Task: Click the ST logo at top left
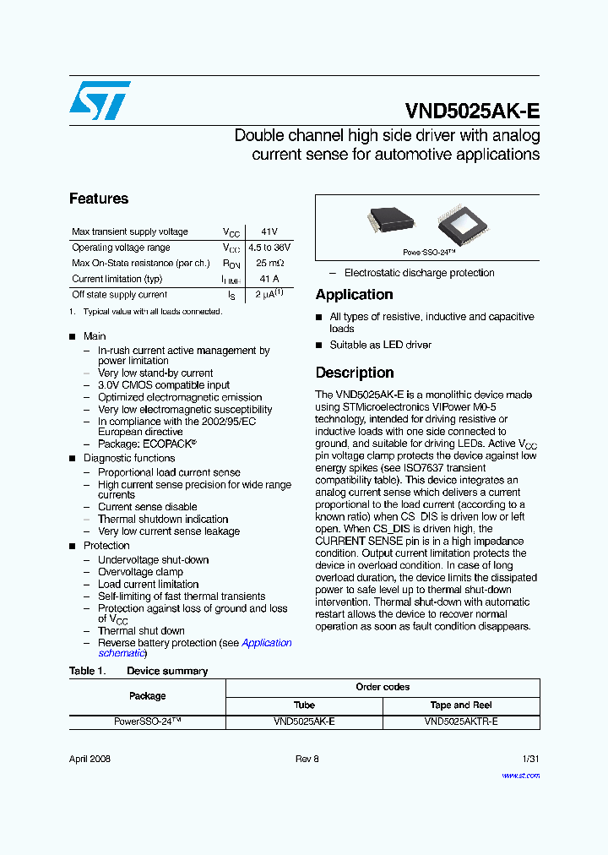[100, 101]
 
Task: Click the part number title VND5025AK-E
[472, 112]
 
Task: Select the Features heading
[99, 199]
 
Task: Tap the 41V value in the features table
[269, 231]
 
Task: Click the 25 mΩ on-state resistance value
[269, 264]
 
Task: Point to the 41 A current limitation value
[269, 279]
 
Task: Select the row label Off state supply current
[120, 295]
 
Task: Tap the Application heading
[354, 295]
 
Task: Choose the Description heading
[355, 373]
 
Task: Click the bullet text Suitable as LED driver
[380, 345]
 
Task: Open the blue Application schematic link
[266, 643]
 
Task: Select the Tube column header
[304, 705]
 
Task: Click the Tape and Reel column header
[461, 705]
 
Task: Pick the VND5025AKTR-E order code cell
[461, 722]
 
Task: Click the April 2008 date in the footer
[90, 759]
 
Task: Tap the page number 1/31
[530, 759]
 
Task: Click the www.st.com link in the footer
[520, 775]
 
